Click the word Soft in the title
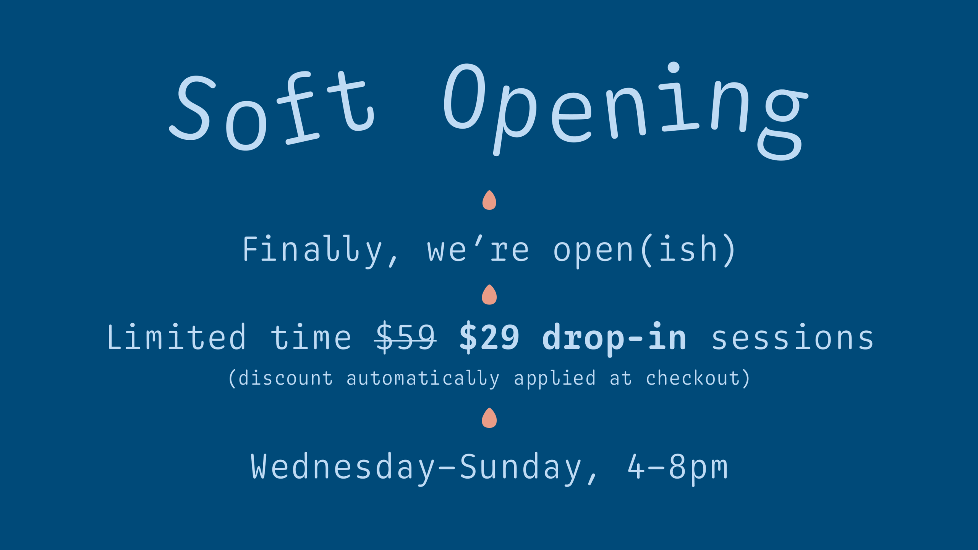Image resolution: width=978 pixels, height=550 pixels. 272,111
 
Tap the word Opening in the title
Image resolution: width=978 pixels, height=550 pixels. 626,111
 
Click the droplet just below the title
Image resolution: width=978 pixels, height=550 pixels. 489,200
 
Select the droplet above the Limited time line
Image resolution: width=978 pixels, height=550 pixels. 489,294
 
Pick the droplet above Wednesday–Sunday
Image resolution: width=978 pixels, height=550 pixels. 489,418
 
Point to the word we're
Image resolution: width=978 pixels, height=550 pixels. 478,249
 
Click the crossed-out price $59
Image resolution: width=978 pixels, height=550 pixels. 405,337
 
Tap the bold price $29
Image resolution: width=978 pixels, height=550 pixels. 489,337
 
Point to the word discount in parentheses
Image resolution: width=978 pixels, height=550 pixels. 285,379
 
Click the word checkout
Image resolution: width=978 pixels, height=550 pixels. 693,378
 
